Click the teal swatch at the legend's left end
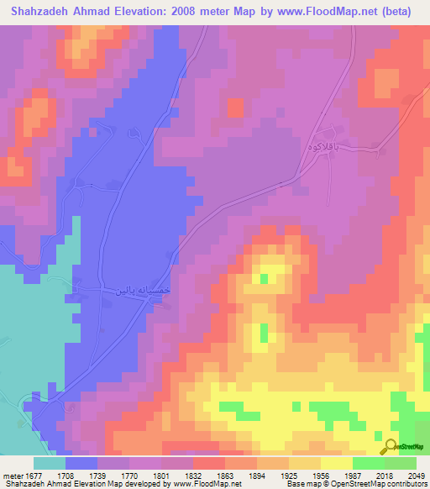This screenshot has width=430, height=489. [x=49, y=463]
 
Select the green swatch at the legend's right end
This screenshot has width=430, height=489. [x=401, y=463]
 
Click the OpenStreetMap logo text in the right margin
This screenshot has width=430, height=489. [x=407, y=446]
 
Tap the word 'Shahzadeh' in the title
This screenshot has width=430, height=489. [x=35, y=11]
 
